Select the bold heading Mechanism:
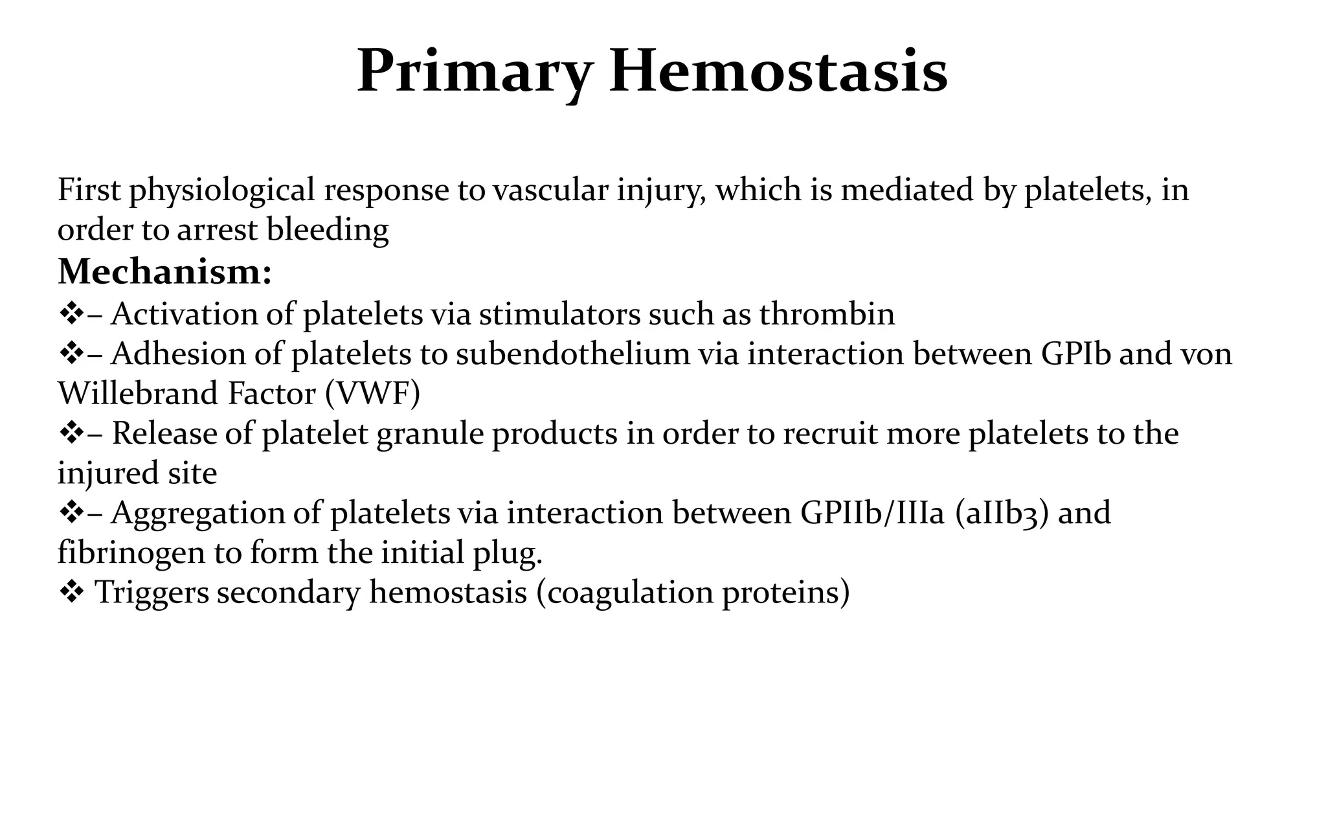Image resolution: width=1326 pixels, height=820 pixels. tap(164, 271)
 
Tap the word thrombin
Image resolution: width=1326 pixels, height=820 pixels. tap(827, 314)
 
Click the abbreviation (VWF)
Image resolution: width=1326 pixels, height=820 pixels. tap(372, 394)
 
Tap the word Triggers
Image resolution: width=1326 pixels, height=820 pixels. tap(152, 593)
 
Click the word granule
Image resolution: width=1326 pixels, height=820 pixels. tap(430, 433)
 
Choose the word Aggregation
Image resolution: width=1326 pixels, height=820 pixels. tap(197, 513)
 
